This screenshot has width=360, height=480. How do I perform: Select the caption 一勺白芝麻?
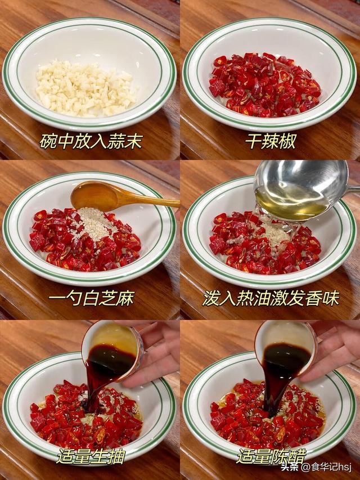click(91, 298)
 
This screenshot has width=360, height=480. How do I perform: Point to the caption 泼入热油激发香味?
click(271, 298)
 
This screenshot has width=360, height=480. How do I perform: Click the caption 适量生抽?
click(90, 455)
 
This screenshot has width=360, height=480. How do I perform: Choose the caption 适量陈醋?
click(271, 455)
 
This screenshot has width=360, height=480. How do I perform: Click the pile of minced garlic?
click(84, 89)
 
